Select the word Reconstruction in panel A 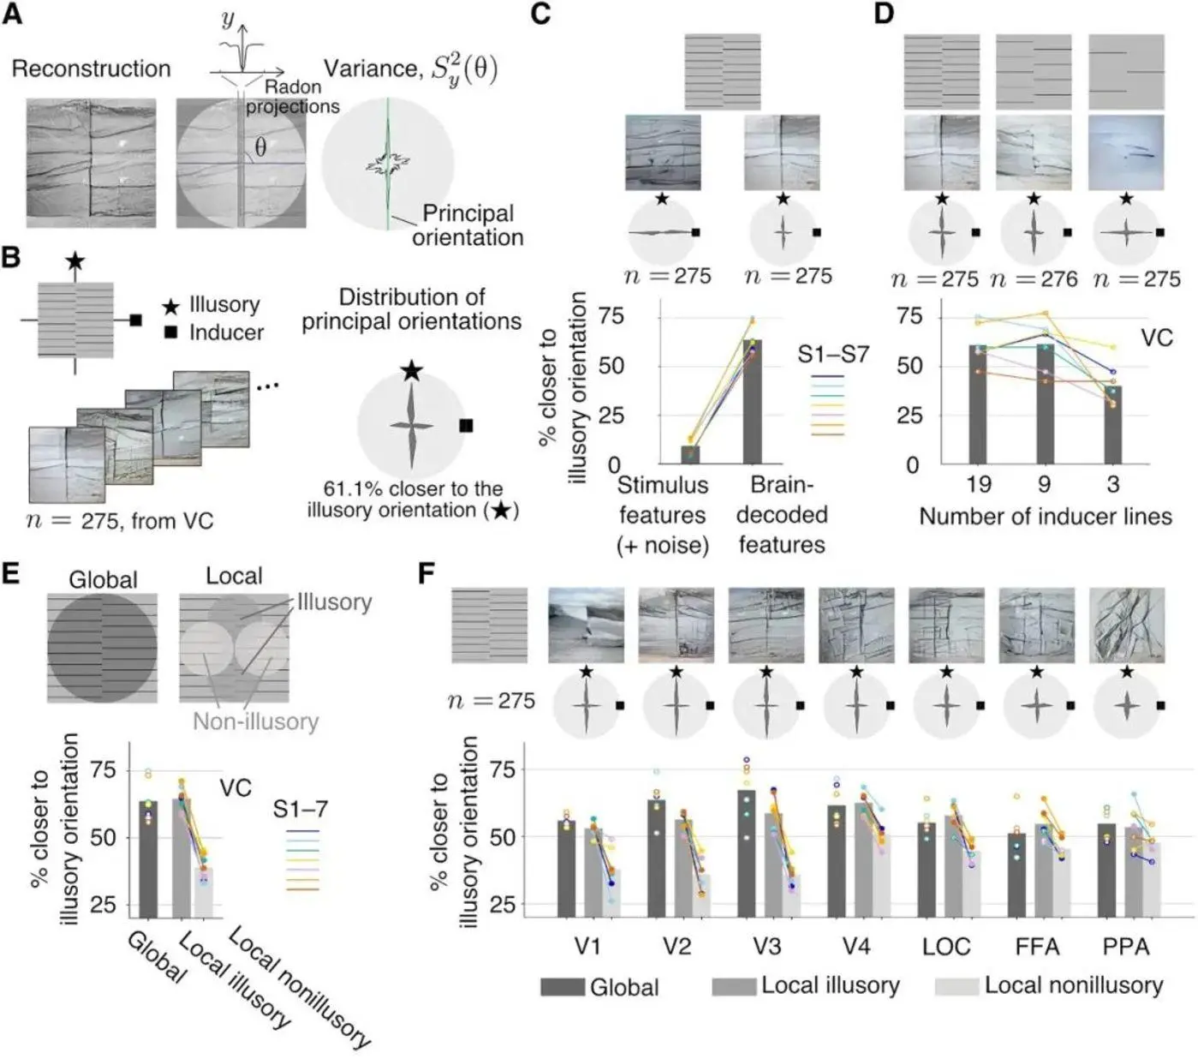click(x=91, y=69)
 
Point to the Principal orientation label click(x=468, y=224)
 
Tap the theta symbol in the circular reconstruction click(x=259, y=147)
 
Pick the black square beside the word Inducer click(x=171, y=332)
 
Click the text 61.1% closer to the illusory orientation click(x=413, y=500)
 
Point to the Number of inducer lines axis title click(x=1045, y=516)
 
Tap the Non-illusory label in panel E click(x=255, y=721)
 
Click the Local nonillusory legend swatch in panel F click(x=957, y=986)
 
